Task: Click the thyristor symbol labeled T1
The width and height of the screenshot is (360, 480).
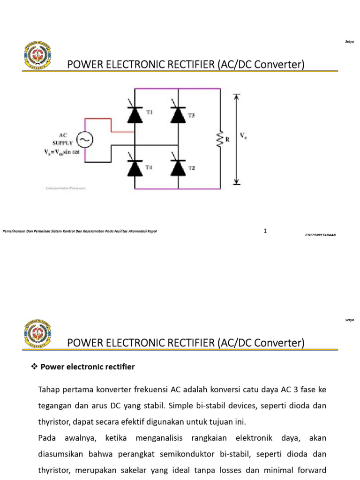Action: (x=135, y=114)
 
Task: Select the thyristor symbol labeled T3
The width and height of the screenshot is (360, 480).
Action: (x=178, y=114)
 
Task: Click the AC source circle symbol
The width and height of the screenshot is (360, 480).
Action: (x=85, y=139)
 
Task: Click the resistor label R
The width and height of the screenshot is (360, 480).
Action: (x=227, y=139)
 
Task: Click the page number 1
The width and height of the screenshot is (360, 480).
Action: (x=265, y=231)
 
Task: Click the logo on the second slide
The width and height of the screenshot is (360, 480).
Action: (x=37, y=333)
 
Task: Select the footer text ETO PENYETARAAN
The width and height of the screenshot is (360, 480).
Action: (x=320, y=235)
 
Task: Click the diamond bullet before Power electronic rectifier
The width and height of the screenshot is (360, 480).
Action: (x=33, y=367)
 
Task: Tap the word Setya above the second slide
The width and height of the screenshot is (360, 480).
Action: (x=349, y=320)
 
